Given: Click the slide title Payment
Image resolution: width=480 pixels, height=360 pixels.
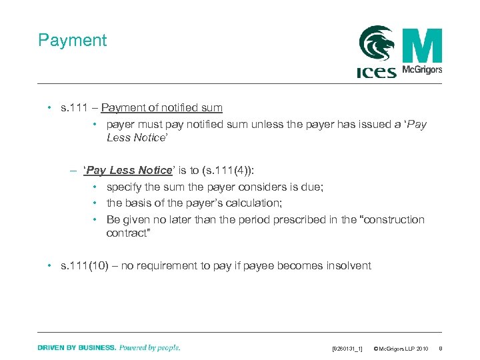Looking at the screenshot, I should [73, 41].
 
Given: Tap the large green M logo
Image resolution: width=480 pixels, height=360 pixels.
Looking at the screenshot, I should [422, 45].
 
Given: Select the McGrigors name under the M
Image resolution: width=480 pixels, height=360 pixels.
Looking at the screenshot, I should [423, 69].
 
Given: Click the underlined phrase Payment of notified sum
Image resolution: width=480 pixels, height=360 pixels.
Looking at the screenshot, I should [162, 108].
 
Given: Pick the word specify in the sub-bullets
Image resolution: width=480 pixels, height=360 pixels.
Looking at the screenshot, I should [125, 187].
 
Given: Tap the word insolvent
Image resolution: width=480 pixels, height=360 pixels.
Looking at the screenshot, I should [349, 266].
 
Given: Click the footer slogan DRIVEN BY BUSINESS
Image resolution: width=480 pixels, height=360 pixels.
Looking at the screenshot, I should [77, 348].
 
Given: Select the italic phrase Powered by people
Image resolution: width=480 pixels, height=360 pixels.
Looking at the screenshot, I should [149, 348].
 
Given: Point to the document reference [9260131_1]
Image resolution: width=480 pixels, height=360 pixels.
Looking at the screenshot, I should [347, 349].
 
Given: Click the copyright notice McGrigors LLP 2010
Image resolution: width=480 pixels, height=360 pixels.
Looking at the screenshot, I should [401, 349].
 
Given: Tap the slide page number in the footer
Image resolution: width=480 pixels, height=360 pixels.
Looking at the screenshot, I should [441, 349].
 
